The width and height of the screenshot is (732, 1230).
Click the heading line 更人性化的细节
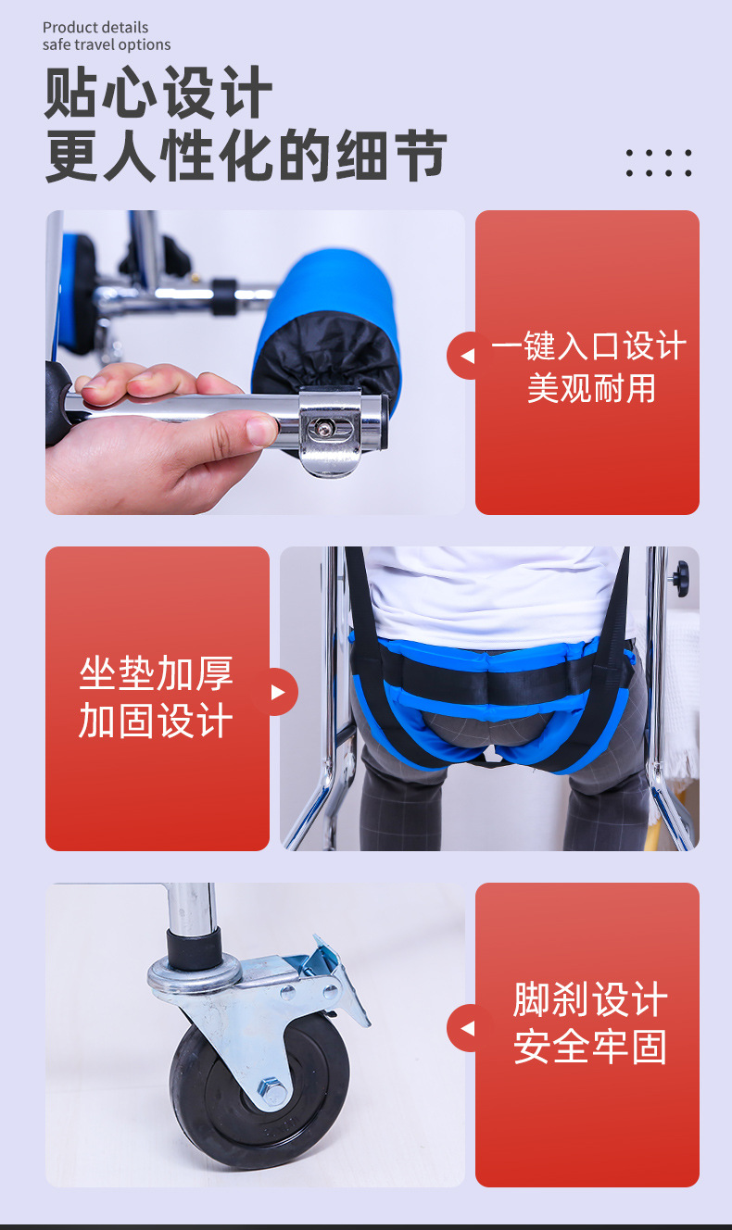246,156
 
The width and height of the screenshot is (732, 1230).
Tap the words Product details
95,28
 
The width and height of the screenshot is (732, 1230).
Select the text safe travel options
107,44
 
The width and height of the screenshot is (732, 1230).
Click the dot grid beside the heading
659,163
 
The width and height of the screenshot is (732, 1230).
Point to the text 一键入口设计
589,346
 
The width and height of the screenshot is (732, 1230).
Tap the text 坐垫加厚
156,674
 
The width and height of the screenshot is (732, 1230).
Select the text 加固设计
156,722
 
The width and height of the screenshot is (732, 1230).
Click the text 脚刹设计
590,1001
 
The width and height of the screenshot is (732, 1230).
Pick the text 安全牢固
590,1047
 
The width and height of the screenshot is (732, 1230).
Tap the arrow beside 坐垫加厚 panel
277,692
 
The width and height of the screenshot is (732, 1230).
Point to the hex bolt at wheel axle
271,1089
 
